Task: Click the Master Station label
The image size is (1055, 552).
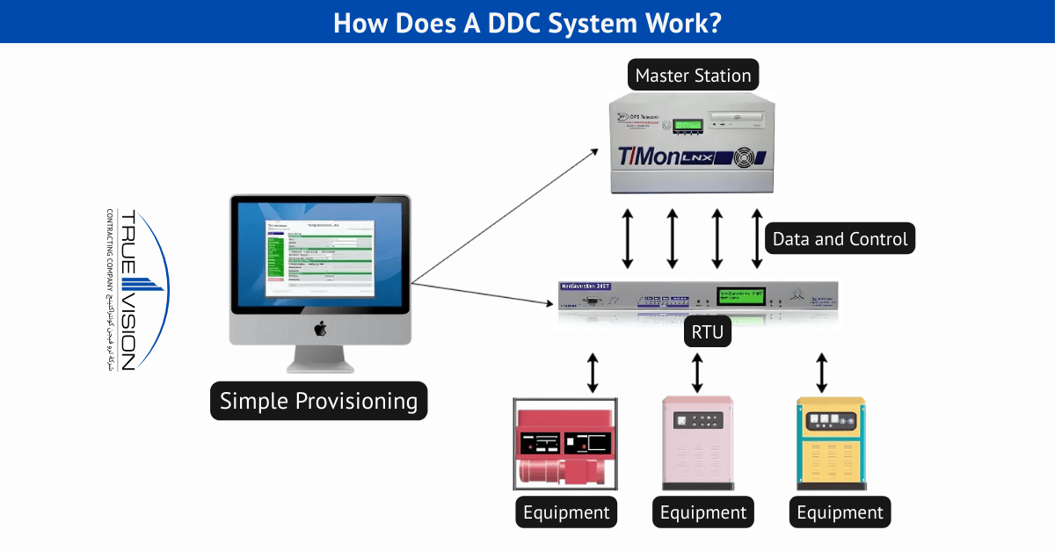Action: pos(693,76)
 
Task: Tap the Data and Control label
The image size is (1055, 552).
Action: pos(840,238)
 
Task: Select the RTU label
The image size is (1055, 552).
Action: pos(703,333)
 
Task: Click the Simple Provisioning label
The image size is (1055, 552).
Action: pos(318,401)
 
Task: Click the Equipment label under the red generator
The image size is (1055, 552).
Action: pos(566,512)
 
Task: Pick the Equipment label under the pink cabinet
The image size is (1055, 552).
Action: pos(702,512)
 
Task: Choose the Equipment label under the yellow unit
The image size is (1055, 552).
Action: pos(840,512)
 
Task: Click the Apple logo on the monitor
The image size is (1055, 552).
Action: pos(320,329)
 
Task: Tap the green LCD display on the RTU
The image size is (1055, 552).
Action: pos(741,296)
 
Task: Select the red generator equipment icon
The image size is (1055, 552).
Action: pos(565,445)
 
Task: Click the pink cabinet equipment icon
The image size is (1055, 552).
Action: pos(697,444)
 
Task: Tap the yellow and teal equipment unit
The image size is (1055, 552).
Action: pos(831,445)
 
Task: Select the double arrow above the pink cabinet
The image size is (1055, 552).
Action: pos(697,374)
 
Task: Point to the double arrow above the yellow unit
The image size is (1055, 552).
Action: pos(822,374)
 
